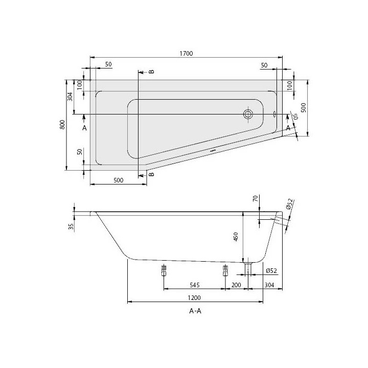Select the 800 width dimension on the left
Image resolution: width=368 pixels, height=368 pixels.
[62, 125]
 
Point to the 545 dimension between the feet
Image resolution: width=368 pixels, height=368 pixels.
[194, 285]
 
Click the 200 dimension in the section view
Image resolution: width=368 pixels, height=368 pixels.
[236, 285]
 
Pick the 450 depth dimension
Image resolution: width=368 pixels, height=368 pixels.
[236, 237]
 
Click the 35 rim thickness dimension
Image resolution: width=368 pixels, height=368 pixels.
[71, 226]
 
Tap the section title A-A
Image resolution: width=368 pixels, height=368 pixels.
[194, 311]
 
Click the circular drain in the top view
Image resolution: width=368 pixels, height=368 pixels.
[249, 114]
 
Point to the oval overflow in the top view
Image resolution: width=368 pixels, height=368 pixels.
[275, 114]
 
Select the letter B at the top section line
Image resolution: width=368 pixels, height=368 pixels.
[151, 72]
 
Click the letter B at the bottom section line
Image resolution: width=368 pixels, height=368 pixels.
[151, 175]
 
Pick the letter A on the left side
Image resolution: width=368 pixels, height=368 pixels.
[85, 126]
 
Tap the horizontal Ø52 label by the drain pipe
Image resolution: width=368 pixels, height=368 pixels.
[271, 270]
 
